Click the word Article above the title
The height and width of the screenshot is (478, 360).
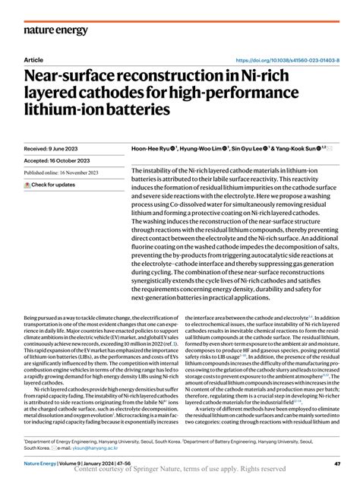34,60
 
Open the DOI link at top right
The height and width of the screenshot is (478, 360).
289,60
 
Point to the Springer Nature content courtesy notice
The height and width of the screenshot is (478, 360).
180,470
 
